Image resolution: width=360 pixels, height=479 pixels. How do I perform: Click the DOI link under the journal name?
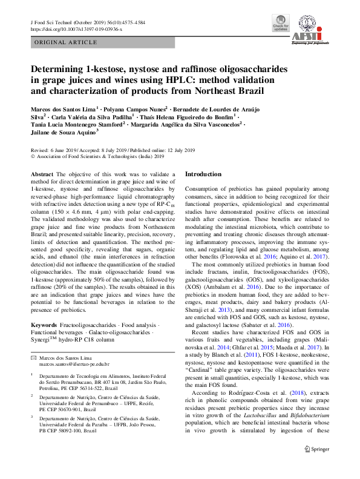(76, 29)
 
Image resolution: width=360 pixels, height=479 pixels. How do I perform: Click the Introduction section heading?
(203, 174)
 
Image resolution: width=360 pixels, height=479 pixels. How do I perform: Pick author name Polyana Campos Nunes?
(142, 107)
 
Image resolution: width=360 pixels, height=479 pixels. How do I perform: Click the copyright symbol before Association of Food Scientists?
(33, 156)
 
